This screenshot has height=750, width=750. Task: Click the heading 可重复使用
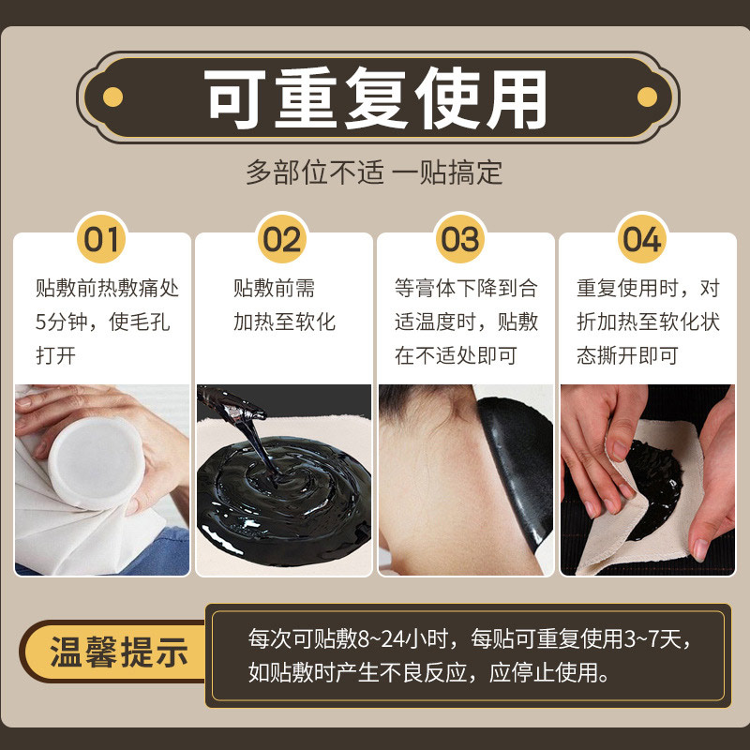point(375,97)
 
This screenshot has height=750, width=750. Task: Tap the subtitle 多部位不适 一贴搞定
point(374,172)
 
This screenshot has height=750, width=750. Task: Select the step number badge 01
point(101,239)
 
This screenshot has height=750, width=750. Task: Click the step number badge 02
point(283,239)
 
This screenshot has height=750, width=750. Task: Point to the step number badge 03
point(460,239)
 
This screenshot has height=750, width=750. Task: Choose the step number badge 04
point(642,239)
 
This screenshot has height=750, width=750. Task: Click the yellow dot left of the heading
point(112,97)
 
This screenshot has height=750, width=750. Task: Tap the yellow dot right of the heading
point(646,97)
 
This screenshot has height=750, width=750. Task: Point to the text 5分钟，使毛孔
point(103,322)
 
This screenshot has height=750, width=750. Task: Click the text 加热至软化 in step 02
point(284,322)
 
